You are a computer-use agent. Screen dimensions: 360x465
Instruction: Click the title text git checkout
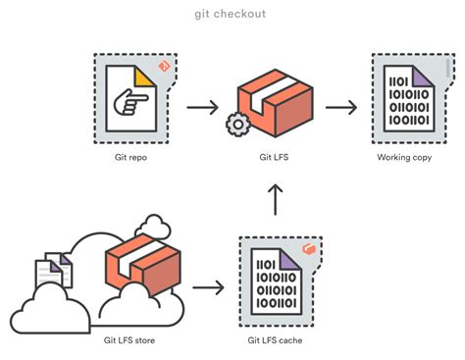pos(232,14)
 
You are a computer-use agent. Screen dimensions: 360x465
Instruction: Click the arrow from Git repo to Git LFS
pos(201,105)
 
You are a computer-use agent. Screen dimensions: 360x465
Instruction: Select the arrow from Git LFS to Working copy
pos(340,105)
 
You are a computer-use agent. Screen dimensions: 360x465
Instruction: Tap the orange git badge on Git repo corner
pos(165,66)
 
